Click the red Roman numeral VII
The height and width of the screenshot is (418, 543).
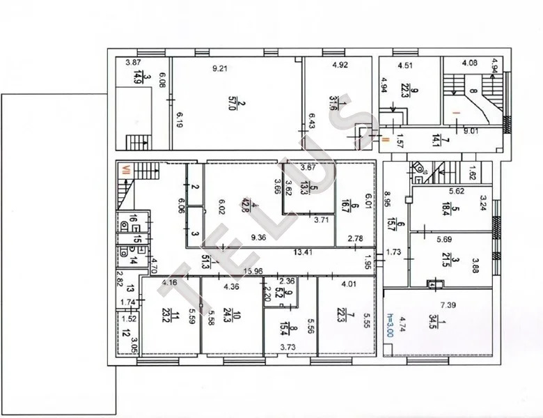pyautogui.click(x=127, y=168)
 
